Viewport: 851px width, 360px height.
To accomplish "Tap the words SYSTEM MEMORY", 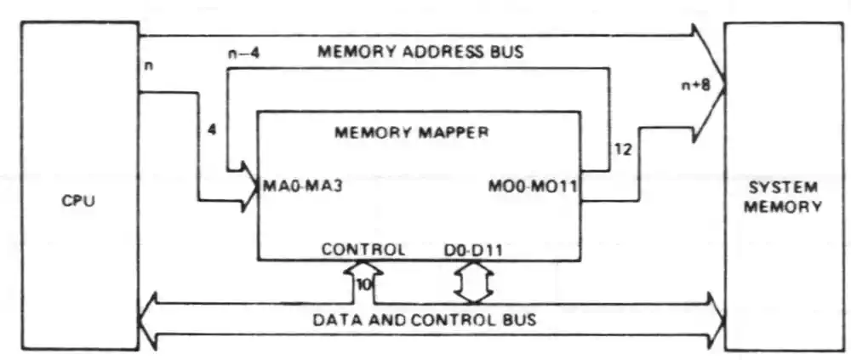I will pos(787,196).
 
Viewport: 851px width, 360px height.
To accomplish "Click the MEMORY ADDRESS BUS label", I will pos(420,51).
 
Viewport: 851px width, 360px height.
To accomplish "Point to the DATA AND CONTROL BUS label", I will pos(424,320).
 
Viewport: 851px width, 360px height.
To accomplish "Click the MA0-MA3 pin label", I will pos(304,186).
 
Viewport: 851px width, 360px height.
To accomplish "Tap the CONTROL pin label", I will pos(363,250).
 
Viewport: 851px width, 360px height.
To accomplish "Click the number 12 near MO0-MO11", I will pos(622,150).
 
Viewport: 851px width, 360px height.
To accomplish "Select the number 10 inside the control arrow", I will pos(363,285).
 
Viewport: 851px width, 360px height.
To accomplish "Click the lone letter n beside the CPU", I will pos(150,66).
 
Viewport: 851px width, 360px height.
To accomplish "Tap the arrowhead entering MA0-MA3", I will pos(249,194).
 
